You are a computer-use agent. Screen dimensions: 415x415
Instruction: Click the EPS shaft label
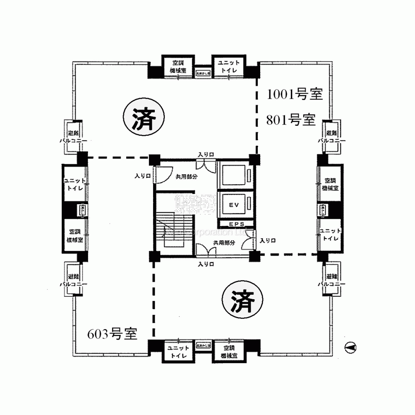[x=235, y=224]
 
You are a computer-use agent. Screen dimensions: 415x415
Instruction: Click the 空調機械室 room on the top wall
[x=180, y=67]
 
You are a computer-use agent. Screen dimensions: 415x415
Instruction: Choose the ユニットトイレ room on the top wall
[x=226, y=67]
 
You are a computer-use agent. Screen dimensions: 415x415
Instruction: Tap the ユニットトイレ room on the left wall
[x=74, y=184]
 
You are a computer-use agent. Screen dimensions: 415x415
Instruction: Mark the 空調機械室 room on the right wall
[x=330, y=184]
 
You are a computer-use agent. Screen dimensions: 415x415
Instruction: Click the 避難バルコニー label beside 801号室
[x=330, y=137]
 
